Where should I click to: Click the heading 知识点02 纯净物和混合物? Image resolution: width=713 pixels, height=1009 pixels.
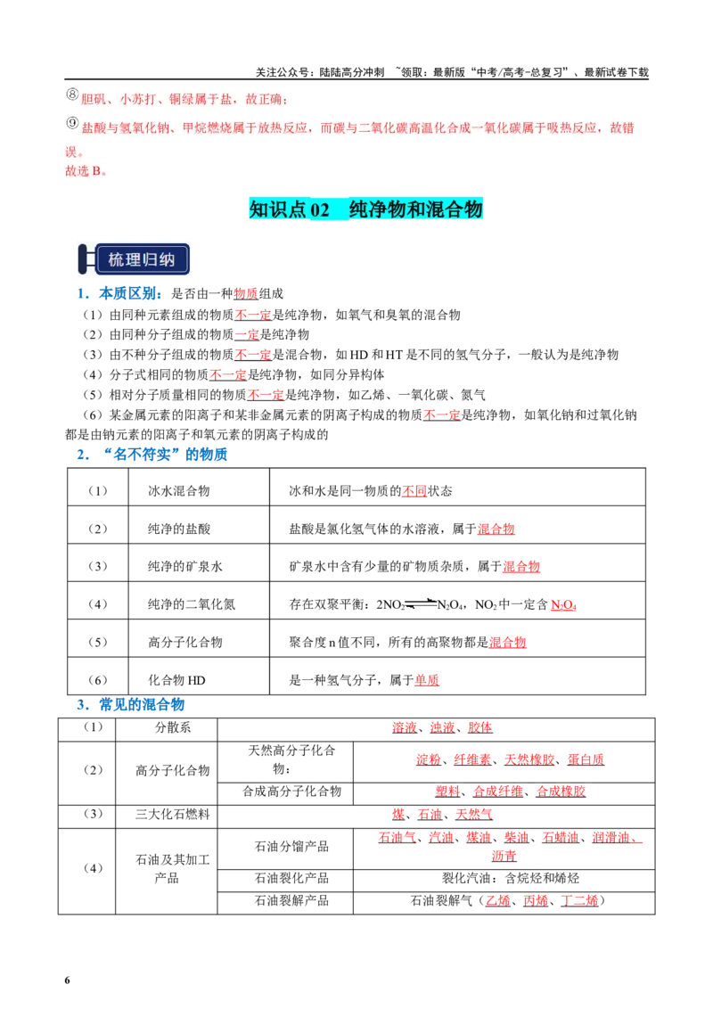click(365, 209)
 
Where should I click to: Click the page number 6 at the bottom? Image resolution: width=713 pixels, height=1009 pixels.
click(67, 980)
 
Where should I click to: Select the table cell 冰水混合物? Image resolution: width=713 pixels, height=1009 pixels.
click(179, 491)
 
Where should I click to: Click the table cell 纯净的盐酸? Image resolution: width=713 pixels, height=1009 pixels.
click(179, 529)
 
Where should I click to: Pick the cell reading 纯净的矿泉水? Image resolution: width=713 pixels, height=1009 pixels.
click(185, 566)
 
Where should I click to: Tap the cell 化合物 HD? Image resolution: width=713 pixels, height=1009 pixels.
click(177, 680)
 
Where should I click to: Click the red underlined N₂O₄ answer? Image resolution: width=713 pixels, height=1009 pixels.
click(563, 605)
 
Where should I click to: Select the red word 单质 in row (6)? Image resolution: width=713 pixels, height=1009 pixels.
click(427, 680)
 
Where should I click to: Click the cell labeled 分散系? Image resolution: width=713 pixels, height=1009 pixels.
click(173, 727)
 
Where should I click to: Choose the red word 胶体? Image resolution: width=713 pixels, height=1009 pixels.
click(480, 727)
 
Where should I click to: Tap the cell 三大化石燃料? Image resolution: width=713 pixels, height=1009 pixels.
click(173, 814)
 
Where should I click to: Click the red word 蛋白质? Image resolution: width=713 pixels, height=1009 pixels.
click(586, 759)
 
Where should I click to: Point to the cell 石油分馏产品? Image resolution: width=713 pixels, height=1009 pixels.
click(291, 846)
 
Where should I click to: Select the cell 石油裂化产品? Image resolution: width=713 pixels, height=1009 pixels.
click(291, 878)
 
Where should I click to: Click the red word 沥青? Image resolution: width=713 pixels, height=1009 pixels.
click(504, 856)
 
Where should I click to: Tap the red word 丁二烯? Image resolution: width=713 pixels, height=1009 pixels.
click(579, 900)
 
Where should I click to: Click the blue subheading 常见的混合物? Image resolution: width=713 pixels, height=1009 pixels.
click(142, 705)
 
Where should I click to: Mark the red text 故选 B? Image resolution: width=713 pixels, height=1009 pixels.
click(86, 171)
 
